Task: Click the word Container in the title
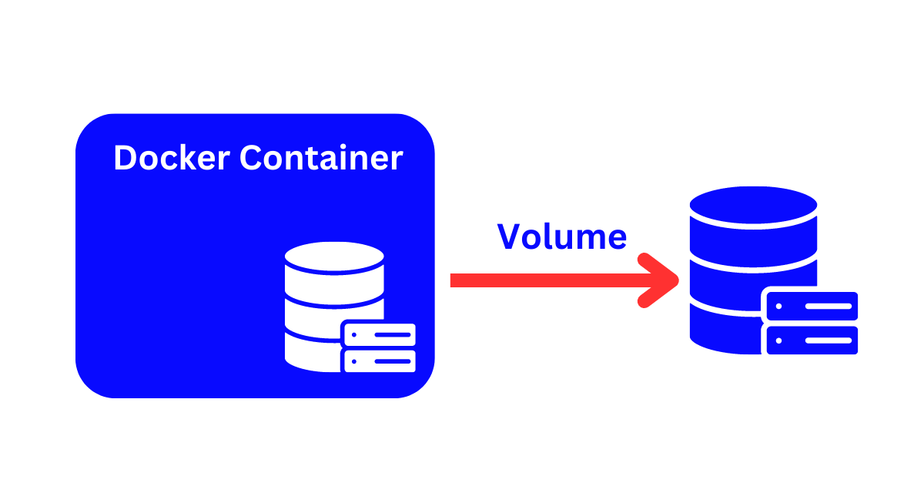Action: [x=321, y=158]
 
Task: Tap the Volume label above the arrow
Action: [x=562, y=236]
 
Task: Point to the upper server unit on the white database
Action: [x=379, y=334]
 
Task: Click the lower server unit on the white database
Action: [x=379, y=361]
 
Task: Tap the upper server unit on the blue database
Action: [x=811, y=306]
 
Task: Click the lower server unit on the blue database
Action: [x=811, y=340]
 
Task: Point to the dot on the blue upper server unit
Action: [x=779, y=306]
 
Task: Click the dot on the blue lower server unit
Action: [x=779, y=340]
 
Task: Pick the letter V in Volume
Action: [x=509, y=236]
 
